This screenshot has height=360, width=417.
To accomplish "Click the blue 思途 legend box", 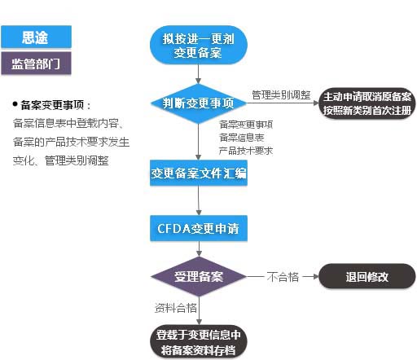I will point(36,37).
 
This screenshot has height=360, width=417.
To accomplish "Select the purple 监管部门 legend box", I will point(36,64).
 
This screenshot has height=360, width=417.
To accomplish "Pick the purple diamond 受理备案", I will point(198,277).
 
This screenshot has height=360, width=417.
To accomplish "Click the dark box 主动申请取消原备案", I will point(366,103).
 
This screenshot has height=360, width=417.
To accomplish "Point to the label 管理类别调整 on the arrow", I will point(280,94).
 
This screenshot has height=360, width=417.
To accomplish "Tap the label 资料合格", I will point(175,308).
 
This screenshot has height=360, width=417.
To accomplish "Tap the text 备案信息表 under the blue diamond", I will point(241,138).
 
